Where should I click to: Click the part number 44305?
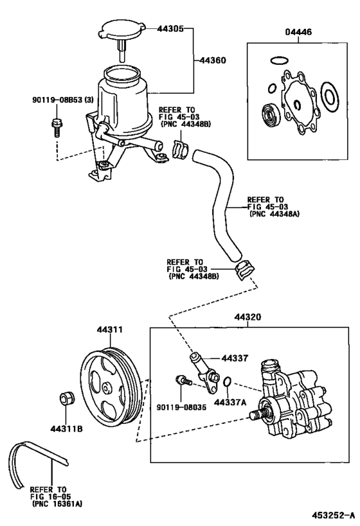tap(170, 29)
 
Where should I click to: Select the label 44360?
tap(213, 60)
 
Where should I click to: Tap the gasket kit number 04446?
tap(298, 32)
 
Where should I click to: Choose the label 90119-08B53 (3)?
tap(63, 100)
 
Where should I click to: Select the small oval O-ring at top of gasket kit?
tap(279, 61)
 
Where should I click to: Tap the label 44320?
tap(248, 317)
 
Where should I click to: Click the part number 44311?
tap(110, 329)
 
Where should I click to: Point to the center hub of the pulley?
tap(107, 389)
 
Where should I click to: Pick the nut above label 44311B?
tap(67, 398)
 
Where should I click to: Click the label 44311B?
tap(67, 429)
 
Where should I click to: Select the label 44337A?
tap(230, 402)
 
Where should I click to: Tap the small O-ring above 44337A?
tap(228, 381)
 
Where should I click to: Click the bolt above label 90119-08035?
tap(183, 381)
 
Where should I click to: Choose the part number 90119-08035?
tap(182, 407)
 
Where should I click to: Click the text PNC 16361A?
tap(57, 504)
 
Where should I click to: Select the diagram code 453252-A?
tap(333, 515)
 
